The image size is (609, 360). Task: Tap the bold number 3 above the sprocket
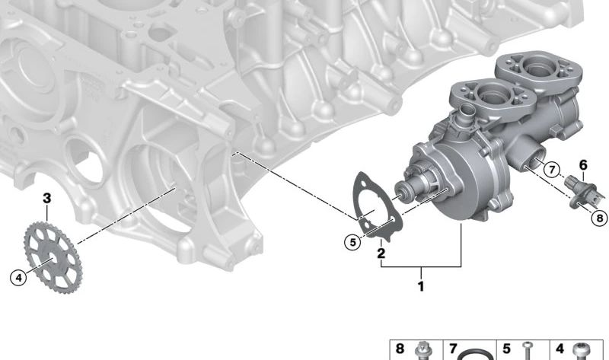coord(46,198)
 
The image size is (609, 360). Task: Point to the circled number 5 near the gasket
coord(351,243)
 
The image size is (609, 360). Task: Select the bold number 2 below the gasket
coord(381,253)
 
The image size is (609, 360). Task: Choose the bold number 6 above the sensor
coord(583,164)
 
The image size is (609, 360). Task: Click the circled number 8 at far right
coord(600,217)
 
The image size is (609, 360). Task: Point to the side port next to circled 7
coord(531,161)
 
